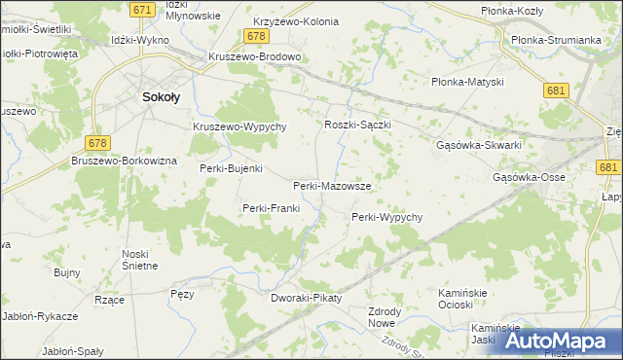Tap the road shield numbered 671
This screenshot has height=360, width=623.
(142, 9)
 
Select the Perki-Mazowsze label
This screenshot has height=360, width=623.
(331, 185)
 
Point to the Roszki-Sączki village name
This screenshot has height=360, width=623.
(357, 126)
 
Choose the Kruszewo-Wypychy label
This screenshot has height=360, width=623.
(238, 127)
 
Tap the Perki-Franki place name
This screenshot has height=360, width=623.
(272, 208)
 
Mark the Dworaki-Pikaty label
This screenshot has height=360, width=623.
(307, 298)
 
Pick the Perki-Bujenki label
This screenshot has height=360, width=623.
(231, 168)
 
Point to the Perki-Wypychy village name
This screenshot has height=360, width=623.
(386, 217)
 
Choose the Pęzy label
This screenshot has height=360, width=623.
(182, 293)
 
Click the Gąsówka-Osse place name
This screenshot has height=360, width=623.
(529, 178)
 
